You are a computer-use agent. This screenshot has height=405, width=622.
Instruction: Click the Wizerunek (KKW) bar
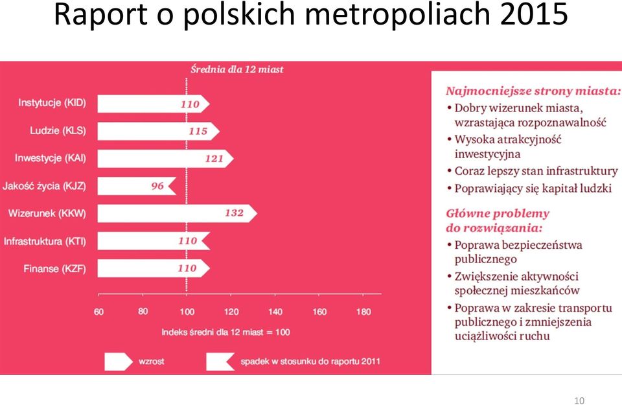coord(177,213)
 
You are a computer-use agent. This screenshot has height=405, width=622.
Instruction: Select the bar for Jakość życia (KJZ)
coord(137,186)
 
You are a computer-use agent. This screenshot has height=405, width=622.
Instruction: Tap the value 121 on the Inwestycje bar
coord(214,159)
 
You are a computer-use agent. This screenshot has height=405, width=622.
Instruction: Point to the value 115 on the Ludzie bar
coord(198,132)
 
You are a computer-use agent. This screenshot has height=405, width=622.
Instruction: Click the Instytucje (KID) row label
coord(52,103)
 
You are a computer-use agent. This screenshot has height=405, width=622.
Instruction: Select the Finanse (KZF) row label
coord(54,269)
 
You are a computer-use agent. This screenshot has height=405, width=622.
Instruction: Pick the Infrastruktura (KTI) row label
coord(45,241)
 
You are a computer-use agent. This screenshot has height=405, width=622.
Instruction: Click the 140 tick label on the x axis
coord(275,312)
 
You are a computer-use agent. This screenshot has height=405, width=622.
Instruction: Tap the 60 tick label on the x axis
coord(98,312)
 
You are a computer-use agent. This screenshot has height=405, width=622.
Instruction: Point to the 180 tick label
coord(363,312)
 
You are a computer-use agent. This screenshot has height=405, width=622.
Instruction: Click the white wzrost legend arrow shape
coord(119,362)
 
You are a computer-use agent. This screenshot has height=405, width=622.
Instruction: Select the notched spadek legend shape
coord(220,362)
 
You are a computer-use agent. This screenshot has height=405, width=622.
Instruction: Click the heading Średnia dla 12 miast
coord(237,69)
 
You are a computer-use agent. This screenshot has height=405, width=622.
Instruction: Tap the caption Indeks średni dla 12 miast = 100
coord(225,332)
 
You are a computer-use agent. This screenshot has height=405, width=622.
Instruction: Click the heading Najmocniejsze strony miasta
coord(533,91)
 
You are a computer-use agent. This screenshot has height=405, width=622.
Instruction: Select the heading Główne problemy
coord(498,214)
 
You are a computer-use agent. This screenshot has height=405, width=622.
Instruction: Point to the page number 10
coord(579,400)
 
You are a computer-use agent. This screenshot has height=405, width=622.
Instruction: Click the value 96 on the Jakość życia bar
coord(157,186)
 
